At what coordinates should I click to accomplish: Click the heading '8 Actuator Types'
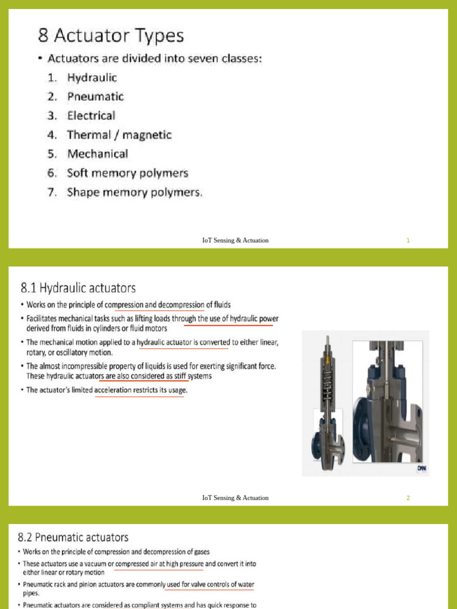[111, 36]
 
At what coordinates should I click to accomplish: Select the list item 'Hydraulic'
[92, 77]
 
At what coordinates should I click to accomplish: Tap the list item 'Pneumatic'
[95, 96]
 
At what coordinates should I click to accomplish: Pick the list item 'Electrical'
[91, 115]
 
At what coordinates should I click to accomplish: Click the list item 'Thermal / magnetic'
[119, 135]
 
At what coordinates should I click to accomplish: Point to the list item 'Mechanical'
[98, 154]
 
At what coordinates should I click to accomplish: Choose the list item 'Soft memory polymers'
[127, 173]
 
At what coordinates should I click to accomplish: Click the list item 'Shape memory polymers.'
[134, 192]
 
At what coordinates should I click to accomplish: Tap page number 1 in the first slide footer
[408, 240]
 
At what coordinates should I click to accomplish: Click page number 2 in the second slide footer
[408, 498]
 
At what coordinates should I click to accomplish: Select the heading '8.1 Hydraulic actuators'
[78, 288]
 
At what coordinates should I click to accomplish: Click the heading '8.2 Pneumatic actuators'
[74, 538]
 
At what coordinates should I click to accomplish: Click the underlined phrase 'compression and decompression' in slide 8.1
[159, 305]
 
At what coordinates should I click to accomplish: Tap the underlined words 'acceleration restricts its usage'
[140, 390]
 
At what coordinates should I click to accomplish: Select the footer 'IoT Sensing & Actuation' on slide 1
[235, 240]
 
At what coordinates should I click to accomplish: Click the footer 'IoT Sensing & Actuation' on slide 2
[235, 498]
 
